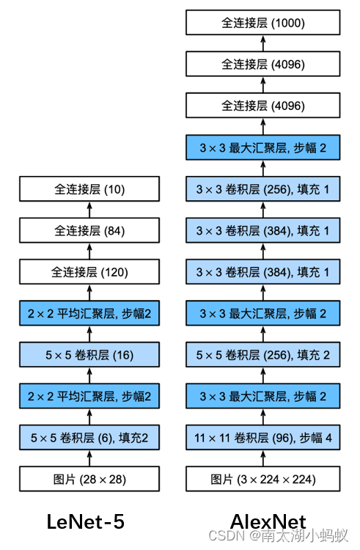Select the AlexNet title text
(x=268, y=521)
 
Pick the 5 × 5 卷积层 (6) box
(x=90, y=438)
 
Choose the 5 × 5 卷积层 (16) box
(x=90, y=355)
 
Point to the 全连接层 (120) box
(x=90, y=272)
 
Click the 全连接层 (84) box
(x=90, y=231)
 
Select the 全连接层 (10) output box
(x=90, y=190)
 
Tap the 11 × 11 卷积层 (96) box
(x=263, y=438)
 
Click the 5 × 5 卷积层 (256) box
(x=263, y=355)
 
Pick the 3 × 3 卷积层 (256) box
(x=263, y=190)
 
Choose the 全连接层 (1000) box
(x=263, y=23)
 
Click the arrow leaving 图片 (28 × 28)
(x=90, y=458)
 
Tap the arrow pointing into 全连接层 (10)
(x=90, y=210)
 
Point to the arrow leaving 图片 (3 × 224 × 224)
(x=263, y=458)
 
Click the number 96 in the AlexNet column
(x=281, y=438)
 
